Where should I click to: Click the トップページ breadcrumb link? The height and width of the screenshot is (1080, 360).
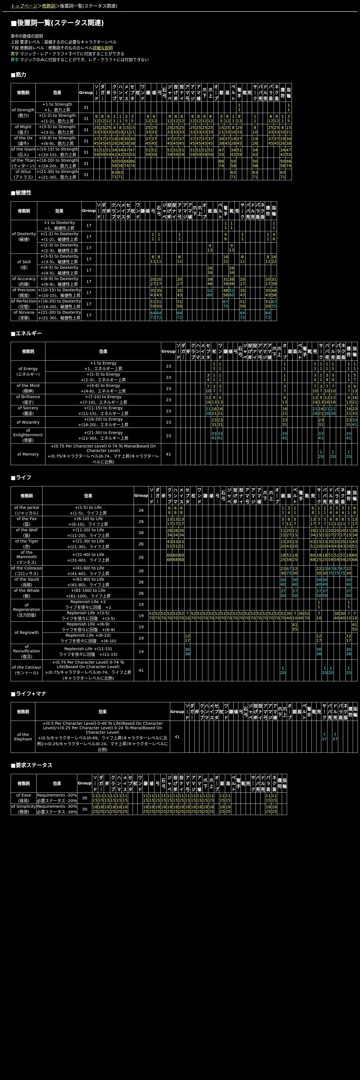[x=24, y=6]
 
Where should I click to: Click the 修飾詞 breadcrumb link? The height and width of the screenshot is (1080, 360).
[x=49, y=6]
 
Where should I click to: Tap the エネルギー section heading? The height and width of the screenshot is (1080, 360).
[x=26, y=333]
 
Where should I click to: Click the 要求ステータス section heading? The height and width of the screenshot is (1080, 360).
[x=31, y=765]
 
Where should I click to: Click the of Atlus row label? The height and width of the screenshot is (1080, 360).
[x=23, y=174]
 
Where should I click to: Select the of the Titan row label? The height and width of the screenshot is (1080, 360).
[x=23, y=163]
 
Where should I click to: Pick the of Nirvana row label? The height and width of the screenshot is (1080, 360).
[x=24, y=315]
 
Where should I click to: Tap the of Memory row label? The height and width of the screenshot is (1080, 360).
[x=28, y=454]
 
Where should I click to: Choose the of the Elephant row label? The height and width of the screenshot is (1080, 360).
[x=23, y=737]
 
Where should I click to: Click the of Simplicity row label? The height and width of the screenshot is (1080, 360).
[x=24, y=809]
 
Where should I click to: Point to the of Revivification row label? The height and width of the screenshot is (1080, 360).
[x=26, y=652]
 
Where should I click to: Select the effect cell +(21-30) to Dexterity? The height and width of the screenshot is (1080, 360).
[x=59, y=312]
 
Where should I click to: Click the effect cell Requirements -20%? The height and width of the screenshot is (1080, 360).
[x=57, y=795]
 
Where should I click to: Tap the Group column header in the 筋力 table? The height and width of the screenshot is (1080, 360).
[x=86, y=92]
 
